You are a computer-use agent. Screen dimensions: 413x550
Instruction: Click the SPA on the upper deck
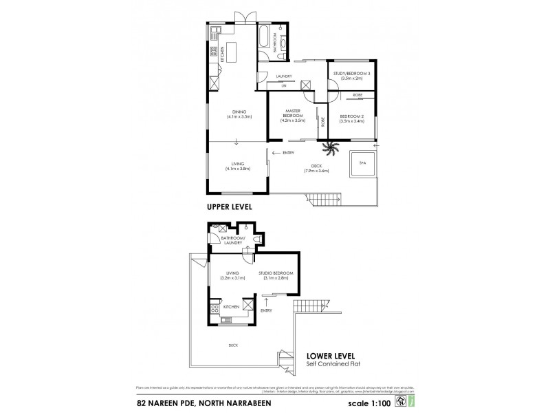362,162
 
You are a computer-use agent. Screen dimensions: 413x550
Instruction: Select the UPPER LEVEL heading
230,206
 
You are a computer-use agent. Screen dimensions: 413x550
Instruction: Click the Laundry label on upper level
284,76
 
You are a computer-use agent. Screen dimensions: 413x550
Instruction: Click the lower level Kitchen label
230,306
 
